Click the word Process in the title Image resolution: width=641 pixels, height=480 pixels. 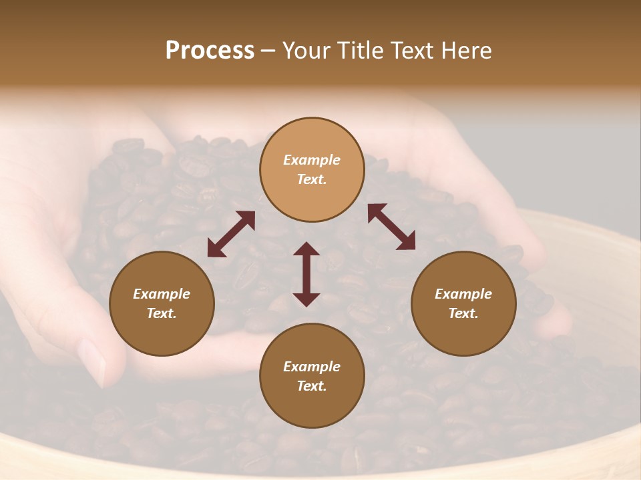[x=210, y=51]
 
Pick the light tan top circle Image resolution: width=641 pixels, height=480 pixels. [x=312, y=169]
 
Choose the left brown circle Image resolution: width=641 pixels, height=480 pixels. [x=162, y=303]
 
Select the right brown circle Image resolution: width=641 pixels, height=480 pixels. [x=463, y=303]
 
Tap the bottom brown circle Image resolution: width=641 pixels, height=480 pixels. [x=312, y=375]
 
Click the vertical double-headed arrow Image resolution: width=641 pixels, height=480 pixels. [x=306, y=274]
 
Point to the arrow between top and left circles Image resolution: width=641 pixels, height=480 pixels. [x=231, y=234]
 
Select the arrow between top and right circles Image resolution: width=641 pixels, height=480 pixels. [x=392, y=227]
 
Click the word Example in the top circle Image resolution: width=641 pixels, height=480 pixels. [x=312, y=160]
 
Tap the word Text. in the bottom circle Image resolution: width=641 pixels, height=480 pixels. [x=312, y=386]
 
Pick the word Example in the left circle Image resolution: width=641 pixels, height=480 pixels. [x=162, y=294]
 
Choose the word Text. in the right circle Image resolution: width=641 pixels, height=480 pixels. [x=463, y=313]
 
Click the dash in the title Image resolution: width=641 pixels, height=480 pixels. [x=268, y=51]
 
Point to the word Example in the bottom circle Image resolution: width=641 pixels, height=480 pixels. [x=312, y=367]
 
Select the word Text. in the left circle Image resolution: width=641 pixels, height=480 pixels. [x=162, y=313]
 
